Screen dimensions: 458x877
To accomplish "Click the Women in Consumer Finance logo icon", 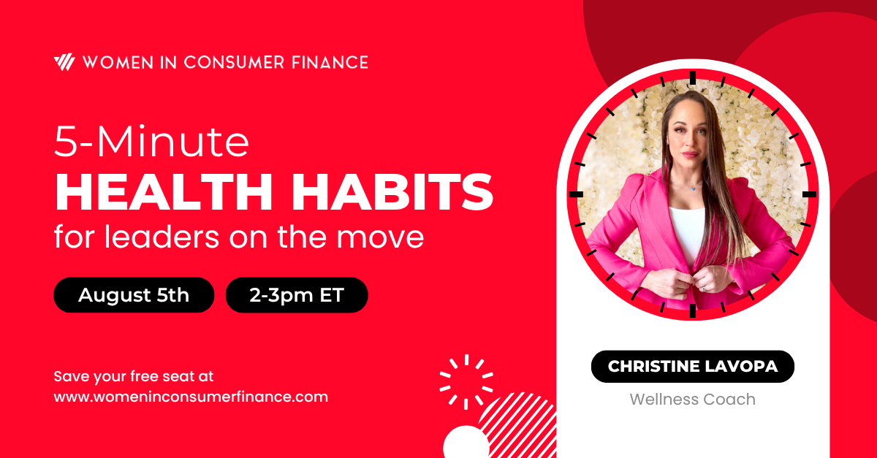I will [64, 62].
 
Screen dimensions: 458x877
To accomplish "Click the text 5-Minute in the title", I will [152, 144].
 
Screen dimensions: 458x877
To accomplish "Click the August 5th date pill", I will [134, 295].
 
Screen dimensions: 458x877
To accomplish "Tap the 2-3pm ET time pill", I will [297, 295].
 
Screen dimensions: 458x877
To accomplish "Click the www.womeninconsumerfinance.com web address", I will [191, 397].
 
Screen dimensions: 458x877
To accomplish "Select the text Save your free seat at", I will [134, 377].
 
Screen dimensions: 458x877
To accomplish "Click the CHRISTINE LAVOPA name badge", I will [692, 366].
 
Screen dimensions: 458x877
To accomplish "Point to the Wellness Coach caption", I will [692, 400].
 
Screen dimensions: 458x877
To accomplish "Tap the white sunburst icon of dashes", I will [466, 381].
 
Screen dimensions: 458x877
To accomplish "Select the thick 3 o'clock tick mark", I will [808, 194].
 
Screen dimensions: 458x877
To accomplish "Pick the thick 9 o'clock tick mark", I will [576, 194].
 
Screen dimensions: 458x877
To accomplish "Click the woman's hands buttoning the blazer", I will [691, 281].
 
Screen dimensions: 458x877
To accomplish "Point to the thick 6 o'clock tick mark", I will [692, 310].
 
